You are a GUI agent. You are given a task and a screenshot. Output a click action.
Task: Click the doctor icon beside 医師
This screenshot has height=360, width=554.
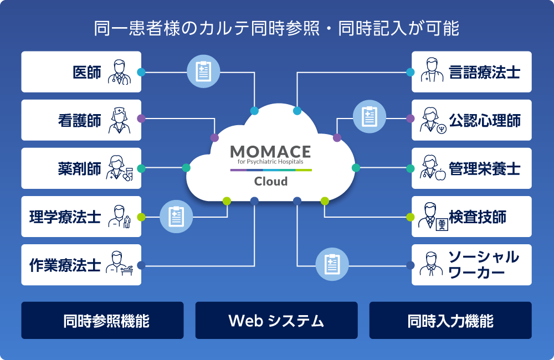tap(120, 72)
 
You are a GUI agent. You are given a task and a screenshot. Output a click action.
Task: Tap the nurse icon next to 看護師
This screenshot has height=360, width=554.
tap(120, 121)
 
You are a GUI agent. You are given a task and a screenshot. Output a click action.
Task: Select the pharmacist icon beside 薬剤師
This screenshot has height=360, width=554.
tap(120, 168)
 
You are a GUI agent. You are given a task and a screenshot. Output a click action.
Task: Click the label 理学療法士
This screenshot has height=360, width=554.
tap(65, 217)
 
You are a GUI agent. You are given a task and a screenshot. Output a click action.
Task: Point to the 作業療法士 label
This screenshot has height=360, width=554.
tap(65, 265)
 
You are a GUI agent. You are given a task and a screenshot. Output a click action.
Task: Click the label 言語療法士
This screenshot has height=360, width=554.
tap(485, 72)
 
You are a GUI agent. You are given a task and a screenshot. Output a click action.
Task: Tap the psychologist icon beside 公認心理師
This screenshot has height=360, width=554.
tap(433, 121)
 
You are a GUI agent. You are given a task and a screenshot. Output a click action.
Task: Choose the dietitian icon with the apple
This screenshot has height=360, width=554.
tap(433, 168)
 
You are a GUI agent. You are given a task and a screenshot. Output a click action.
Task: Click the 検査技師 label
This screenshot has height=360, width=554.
tap(478, 217)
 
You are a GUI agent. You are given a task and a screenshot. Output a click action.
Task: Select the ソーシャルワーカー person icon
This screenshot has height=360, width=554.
tap(431, 264)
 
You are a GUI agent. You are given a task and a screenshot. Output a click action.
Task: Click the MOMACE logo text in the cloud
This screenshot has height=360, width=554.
tap(271, 152)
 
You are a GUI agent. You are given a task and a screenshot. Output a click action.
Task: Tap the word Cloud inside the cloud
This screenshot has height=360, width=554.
tap(271, 181)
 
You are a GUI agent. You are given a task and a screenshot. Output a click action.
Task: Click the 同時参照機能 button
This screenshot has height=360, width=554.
tap(102, 321)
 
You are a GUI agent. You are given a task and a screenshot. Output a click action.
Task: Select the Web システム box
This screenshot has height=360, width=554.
tap(276, 321)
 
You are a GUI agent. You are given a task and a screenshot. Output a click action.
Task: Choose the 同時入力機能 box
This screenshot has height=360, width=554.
tap(450, 321)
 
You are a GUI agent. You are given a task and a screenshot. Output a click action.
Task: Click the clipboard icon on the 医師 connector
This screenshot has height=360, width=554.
tap(203, 71)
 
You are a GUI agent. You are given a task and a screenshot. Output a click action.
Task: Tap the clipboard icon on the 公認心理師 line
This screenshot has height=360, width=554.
tap(369, 117)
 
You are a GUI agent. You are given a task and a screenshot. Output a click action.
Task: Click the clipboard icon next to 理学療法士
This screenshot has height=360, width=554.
tap(176, 217)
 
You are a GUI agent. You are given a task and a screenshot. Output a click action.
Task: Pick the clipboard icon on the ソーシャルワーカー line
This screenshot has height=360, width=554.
tap(332, 265)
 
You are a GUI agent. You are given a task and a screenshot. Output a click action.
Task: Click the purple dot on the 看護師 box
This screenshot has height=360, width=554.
tap(141, 119)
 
